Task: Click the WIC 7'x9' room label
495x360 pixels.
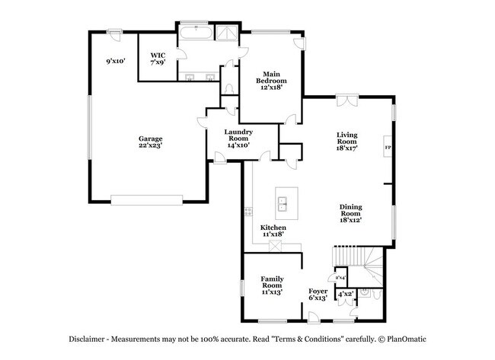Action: click(158, 59)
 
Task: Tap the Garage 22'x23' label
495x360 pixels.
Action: click(150, 142)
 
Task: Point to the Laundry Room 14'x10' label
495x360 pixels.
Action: click(238, 138)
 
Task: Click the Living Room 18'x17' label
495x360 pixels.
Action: click(347, 142)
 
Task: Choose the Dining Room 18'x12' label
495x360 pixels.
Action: click(350, 212)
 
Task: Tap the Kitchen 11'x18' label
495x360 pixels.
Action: click(273, 231)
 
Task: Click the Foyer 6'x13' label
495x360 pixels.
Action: click(318, 295)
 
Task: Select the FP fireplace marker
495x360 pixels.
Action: click(388, 148)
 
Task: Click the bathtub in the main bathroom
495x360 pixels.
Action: click(196, 33)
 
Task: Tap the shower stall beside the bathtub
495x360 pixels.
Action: click(227, 33)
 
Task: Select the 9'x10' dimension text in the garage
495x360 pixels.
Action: click(116, 61)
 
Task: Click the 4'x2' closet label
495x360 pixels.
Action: click(345, 294)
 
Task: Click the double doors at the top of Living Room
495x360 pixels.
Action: click(347, 98)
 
